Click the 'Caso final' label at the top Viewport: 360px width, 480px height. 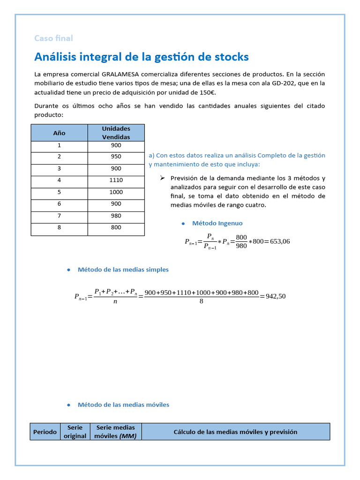[53, 38]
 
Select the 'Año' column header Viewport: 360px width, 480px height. [59, 133]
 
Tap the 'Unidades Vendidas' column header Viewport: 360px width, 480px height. [116, 133]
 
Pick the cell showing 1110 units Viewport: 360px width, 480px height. [116, 180]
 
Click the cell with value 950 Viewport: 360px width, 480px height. [116, 157]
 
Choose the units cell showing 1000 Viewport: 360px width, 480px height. [116, 192]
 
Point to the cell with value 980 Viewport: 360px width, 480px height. [116, 216]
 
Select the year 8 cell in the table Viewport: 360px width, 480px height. [59, 227]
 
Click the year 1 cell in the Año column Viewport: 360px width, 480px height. [59, 145]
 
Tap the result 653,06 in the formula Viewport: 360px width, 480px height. [280, 241]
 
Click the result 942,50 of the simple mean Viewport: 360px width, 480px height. [276, 296]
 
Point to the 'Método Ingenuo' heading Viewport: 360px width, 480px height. [217, 223]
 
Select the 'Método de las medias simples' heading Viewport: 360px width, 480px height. [123, 270]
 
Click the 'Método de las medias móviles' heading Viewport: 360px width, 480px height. [123, 405]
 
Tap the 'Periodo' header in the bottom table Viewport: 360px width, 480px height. [45, 432]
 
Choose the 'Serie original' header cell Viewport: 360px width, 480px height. [75, 432]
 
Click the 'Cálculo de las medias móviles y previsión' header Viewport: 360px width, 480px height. [235, 432]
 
